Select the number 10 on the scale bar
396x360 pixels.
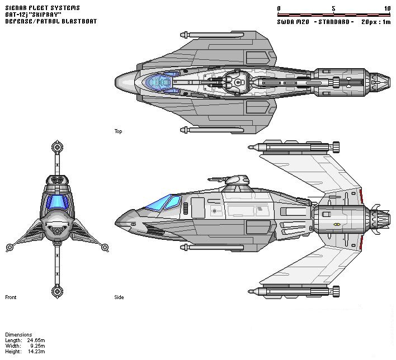[387, 8]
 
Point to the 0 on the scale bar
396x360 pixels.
[279, 8]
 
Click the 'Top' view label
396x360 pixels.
[118, 131]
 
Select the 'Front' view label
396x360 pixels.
[11, 297]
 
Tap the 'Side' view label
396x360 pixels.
[119, 297]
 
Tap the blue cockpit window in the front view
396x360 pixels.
[57, 202]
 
